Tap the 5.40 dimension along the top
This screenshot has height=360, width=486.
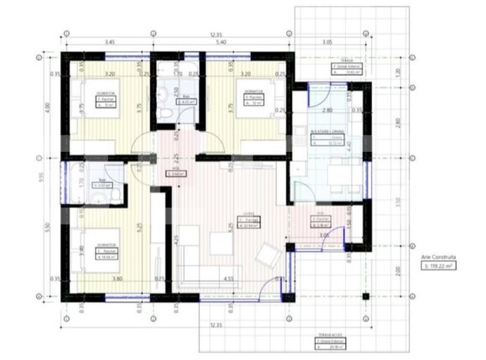[221, 41]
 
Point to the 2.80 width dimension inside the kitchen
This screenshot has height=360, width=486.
[328, 110]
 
